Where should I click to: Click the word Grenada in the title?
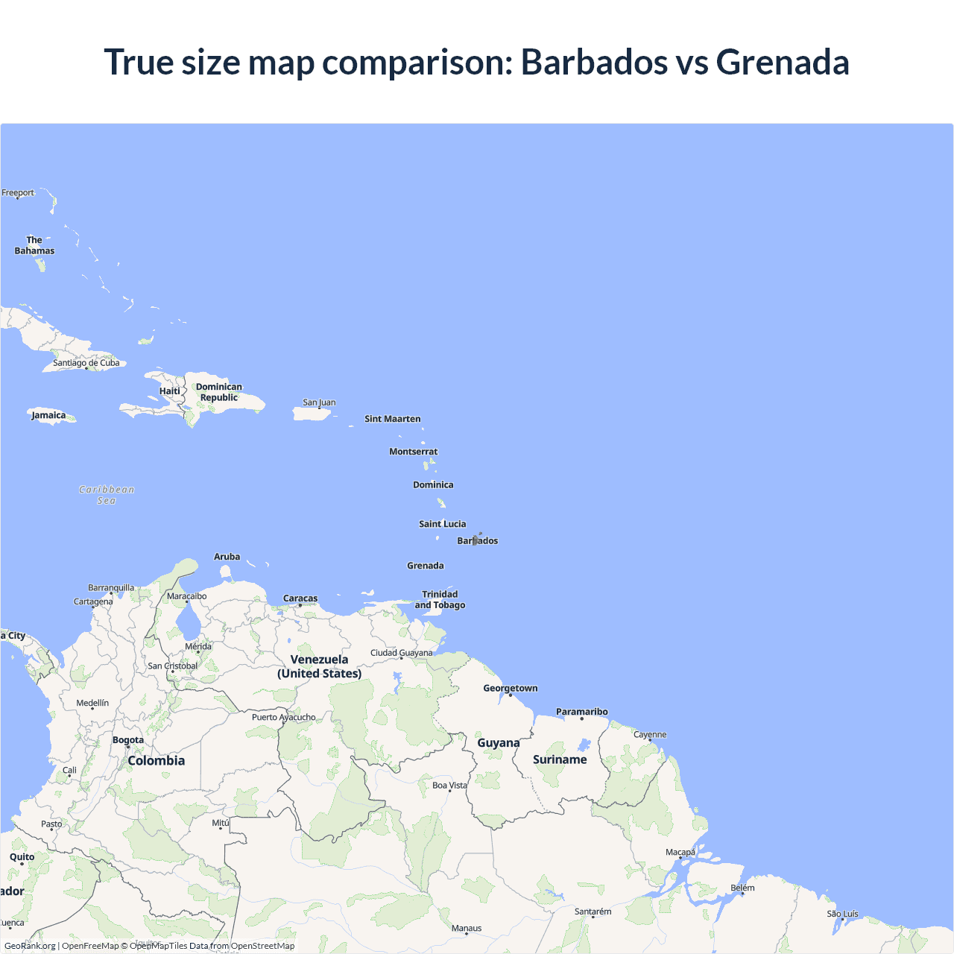pos(782,62)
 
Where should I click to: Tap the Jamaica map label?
pos(48,415)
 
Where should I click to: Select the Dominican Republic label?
pos(218,392)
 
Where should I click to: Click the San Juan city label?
pos(319,402)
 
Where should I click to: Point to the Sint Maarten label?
pos(392,419)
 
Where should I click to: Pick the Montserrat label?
pos(413,452)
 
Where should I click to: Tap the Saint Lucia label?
pos(442,524)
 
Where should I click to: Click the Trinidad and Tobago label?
pos(440,600)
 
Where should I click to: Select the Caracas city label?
pos(300,598)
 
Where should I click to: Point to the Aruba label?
pos(227,557)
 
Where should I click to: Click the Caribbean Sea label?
pos(107,495)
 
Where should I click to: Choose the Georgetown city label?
pos(510,688)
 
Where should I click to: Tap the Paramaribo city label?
pos(581,712)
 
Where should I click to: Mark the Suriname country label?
pos(560,759)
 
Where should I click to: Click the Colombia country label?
pos(156,761)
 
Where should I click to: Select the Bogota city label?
pos(128,740)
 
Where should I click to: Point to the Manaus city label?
pos(467,928)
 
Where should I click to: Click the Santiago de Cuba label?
pos(86,363)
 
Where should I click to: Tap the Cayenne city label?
pos(650,734)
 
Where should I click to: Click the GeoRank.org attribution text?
pos(30,946)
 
